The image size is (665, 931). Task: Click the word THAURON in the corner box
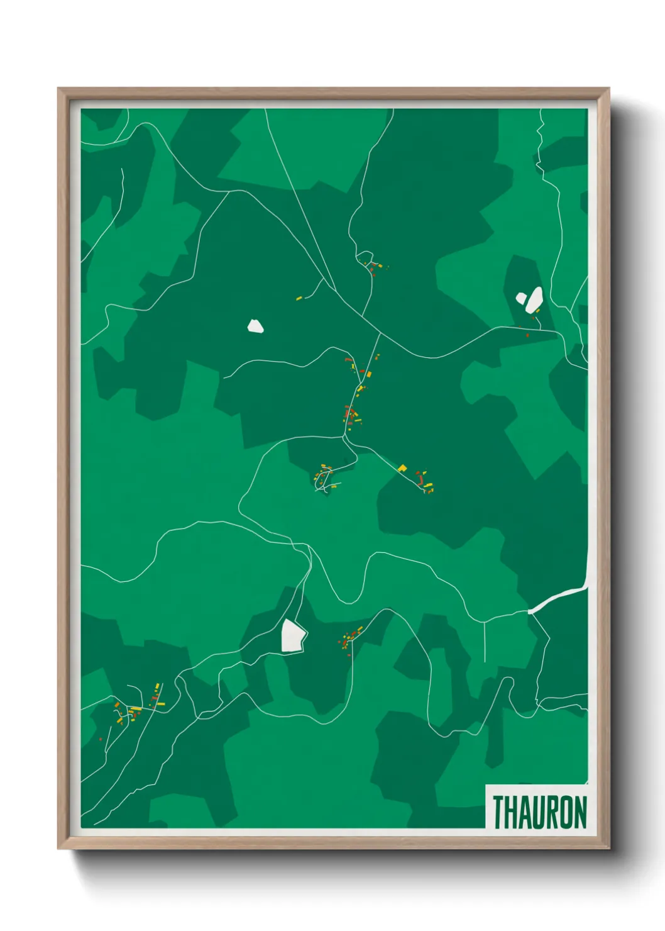pos(539,812)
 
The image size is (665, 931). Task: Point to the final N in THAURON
pos(580,812)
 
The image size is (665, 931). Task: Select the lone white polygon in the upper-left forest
pos(255,326)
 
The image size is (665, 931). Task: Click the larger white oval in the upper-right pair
pos(534,299)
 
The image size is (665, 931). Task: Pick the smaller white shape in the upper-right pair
pos(521,298)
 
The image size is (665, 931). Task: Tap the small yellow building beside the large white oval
pos(537,310)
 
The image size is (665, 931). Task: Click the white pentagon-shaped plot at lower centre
pos(293,636)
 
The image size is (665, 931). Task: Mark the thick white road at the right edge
pos(559,598)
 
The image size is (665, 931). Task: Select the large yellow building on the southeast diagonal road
pos(402,467)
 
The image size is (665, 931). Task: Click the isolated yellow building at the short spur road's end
pos(299,298)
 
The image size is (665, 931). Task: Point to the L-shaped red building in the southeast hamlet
pos(420,479)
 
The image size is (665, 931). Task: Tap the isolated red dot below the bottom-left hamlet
pos(101,739)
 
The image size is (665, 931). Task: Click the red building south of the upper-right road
pos(527,335)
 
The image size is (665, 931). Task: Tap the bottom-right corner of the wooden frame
pos(608,848)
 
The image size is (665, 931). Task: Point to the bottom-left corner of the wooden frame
pos(59,848)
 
